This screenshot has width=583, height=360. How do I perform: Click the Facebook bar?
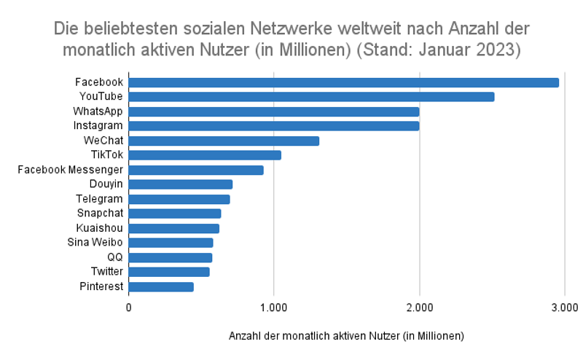(343, 82)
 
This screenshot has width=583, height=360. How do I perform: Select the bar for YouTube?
(311, 97)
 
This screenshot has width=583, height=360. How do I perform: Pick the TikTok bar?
(205, 155)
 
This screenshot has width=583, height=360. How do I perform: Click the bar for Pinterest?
(161, 286)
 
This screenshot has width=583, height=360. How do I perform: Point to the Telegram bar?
(179, 199)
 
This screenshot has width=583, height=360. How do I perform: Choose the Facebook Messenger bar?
(196, 170)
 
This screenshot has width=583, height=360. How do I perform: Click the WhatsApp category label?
(98, 111)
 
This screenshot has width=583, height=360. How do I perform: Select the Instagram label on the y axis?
(98, 126)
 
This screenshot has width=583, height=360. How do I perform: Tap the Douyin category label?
(106, 184)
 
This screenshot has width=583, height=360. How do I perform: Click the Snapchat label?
(100, 214)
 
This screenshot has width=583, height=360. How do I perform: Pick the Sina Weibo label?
(95, 243)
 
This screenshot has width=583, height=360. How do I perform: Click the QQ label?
(114, 257)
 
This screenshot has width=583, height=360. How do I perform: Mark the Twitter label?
(106, 272)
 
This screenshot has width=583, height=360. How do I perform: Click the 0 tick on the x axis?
(129, 307)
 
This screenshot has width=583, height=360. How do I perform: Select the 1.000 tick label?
(273, 307)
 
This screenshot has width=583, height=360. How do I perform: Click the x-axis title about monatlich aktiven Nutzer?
(346, 336)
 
